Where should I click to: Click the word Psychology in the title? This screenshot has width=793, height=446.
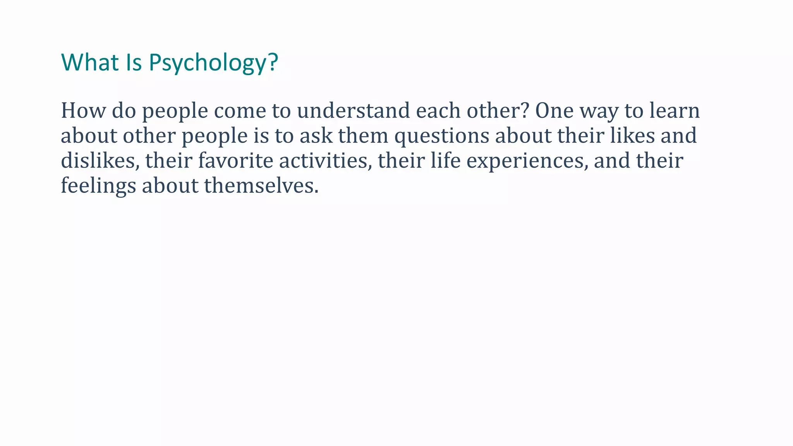[213, 63]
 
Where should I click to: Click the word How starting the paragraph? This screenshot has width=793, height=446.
[83, 111]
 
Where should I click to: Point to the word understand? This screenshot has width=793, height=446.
[353, 111]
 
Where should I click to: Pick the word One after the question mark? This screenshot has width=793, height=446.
[554, 111]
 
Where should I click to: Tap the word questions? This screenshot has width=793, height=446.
[441, 136]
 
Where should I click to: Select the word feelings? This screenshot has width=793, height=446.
[98, 186]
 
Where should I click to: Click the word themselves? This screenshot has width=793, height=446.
[261, 186]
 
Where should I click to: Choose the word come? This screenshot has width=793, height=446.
[240, 111]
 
